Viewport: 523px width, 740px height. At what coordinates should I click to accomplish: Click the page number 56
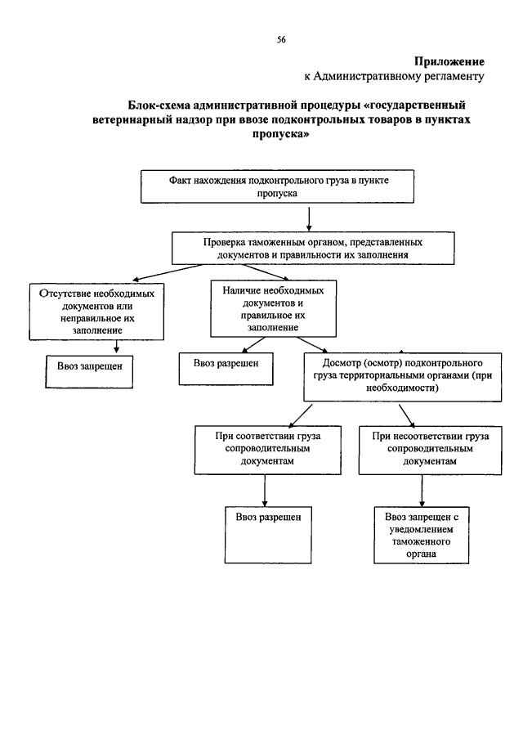pyautogui.click(x=281, y=39)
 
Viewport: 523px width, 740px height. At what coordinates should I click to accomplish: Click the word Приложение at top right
pyautogui.click(x=449, y=61)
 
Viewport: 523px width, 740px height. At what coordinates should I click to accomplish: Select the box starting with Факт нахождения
pyautogui.click(x=277, y=186)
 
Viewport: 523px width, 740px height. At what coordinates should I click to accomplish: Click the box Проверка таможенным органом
pyautogui.click(x=313, y=249)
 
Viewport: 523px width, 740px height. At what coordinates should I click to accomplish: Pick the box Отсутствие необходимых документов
pyautogui.click(x=96, y=312)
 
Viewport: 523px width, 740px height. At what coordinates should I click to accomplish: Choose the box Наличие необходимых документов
pyautogui.click(x=273, y=308)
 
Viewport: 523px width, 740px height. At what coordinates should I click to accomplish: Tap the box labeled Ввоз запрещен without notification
pyautogui.click(x=89, y=372)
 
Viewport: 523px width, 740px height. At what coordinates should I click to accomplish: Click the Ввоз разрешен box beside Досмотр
pyautogui.click(x=226, y=369)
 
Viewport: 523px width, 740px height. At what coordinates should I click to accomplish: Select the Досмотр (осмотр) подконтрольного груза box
pyautogui.click(x=402, y=377)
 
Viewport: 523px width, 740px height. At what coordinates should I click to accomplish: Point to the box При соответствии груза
pyautogui.click(x=267, y=451)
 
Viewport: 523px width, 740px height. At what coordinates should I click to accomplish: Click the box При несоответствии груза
pyautogui.click(x=430, y=451)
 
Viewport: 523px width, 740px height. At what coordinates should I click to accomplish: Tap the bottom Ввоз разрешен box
pyautogui.click(x=268, y=536)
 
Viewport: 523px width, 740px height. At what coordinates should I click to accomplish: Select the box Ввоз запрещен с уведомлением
pyautogui.click(x=421, y=536)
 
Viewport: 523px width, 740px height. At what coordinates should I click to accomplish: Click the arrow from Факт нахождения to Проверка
pyautogui.click(x=309, y=218)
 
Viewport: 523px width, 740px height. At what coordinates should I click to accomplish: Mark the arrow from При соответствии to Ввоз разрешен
pyautogui.click(x=265, y=491)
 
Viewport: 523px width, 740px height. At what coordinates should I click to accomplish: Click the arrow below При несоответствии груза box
pyautogui.click(x=422, y=491)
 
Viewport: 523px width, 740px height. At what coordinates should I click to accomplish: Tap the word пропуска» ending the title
pyautogui.click(x=280, y=134)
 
